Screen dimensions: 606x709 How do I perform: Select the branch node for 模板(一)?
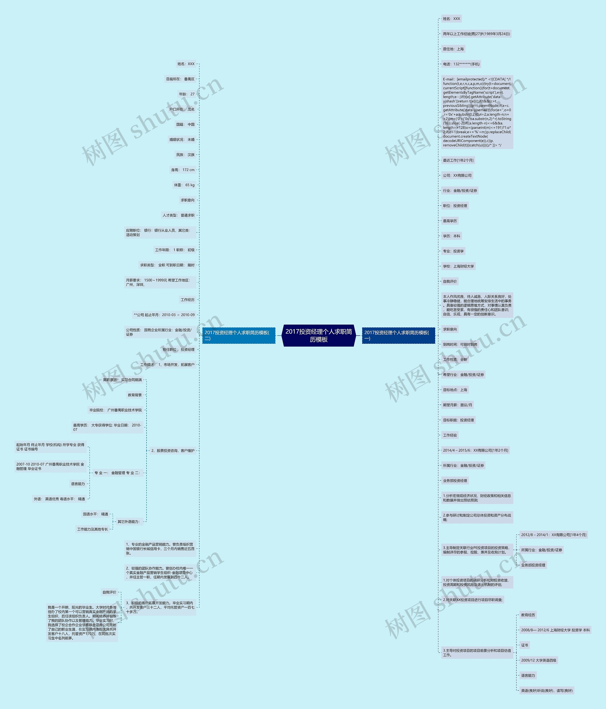[398, 335]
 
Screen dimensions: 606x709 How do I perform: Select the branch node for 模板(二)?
[239, 335]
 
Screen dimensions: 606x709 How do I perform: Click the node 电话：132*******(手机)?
[461, 64]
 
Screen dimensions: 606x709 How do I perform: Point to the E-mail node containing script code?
[477, 112]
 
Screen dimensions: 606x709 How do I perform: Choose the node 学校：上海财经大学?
[458, 266]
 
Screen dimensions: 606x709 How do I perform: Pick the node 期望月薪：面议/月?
[457, 405]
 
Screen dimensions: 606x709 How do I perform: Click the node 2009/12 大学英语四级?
[538, 660]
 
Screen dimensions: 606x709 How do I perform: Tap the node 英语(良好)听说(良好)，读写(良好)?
[546, 691]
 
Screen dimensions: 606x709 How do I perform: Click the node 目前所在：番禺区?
[180, 79]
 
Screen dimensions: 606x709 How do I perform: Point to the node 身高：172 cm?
[183, 170]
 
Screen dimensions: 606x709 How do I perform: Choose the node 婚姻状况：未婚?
[182, 140]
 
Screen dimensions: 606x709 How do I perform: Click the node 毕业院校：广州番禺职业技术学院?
[115, 410]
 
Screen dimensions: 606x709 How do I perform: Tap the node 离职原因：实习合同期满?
[122, 380]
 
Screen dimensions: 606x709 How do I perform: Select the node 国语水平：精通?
[96, 514]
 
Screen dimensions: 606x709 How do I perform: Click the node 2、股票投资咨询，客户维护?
[173, 451]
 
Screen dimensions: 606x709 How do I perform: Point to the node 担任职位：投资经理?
[178, 349]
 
